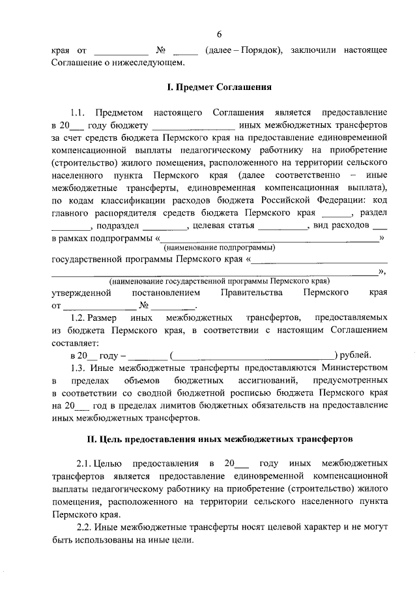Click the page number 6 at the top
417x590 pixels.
(x=219, y=34)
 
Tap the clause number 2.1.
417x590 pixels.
(x=85, y=464)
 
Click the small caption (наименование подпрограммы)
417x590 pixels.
(x=219, y=248)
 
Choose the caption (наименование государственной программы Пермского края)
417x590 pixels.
(x=219, y=281)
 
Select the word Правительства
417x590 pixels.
(x=252, y=293)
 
